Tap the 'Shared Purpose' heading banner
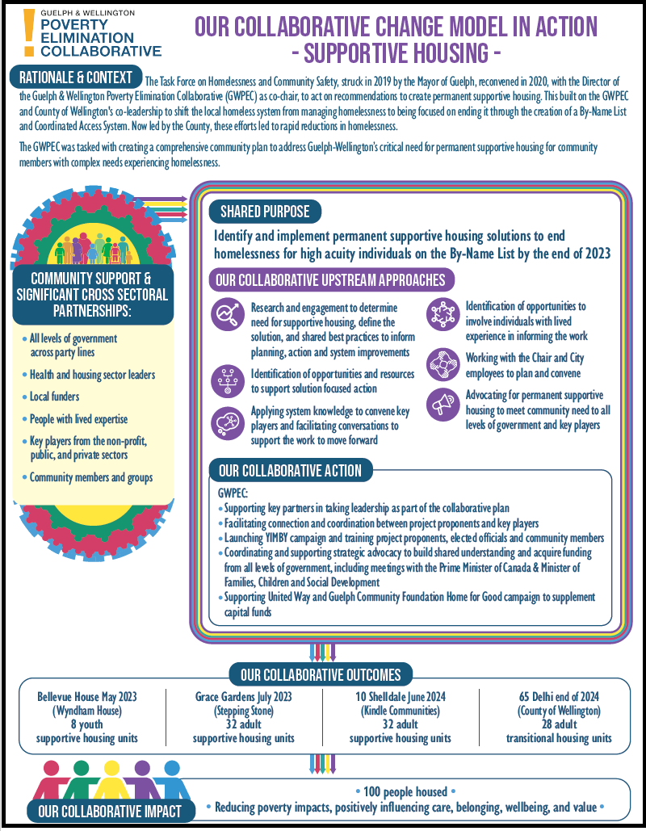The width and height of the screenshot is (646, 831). coord(265,212)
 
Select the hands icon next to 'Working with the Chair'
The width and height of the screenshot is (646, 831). coord(442,363)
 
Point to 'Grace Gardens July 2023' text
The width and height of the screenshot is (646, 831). coord(244,696)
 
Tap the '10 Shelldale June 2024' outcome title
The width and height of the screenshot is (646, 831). coord(400,696)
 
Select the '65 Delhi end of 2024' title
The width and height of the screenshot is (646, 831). coord(558,696)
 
